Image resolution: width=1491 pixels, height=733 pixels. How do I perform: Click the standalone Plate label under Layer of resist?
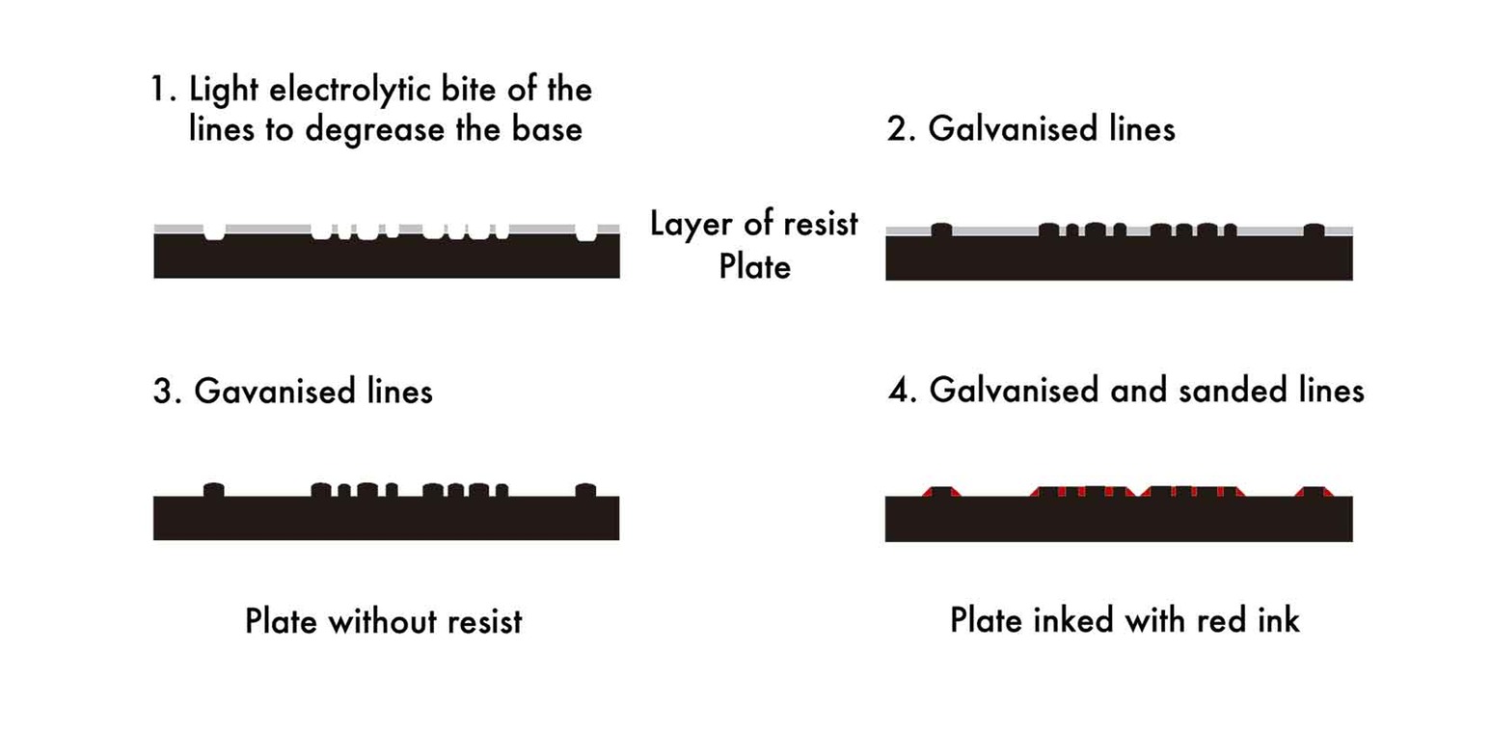coord(754,265)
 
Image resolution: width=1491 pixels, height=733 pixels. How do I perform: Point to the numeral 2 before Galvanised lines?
coord(896,128)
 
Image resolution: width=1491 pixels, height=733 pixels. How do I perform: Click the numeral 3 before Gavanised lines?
coord(162,392)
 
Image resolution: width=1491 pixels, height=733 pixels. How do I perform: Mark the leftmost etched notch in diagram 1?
coord(215,231)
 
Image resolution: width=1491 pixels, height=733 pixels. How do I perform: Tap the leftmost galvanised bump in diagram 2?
coord(941,230)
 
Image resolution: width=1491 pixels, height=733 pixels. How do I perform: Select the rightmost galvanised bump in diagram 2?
coord(1314,230)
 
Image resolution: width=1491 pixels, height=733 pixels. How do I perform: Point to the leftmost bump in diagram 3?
coord(214,490)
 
